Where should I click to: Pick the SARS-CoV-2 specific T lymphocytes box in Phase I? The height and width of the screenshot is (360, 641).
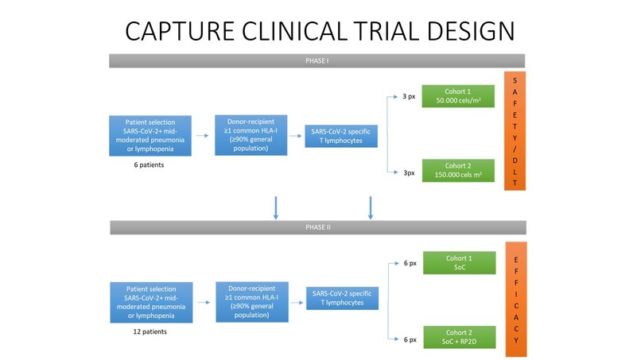click(x=342, y=136)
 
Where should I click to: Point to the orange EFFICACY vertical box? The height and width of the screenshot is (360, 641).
click(x=515, y=299)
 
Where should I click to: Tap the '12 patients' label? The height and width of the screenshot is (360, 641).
click(x=150, y=332)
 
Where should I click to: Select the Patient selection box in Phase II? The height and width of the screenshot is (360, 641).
click(x=150, y=301)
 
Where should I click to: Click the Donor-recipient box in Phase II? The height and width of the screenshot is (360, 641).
click(x=251, y=300)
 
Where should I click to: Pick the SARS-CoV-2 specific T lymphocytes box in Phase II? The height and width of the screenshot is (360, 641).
click(x=342, y=298)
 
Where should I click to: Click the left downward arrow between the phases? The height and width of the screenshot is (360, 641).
click(x=276, y=207)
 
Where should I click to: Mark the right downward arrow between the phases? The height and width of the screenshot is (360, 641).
click(x=370, y=207)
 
